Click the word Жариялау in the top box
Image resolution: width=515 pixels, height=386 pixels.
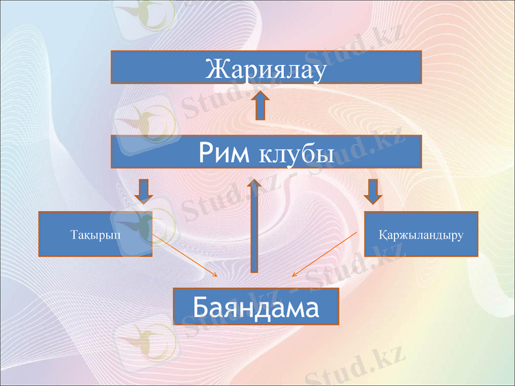[x=266, y=68]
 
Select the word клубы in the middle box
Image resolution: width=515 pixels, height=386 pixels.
[x=296, y=153]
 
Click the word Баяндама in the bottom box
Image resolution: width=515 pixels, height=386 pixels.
[x=256, y=307]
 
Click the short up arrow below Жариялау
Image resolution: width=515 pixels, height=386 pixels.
[x=261, y=106]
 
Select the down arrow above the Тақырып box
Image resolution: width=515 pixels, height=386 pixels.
[x=144, y=190]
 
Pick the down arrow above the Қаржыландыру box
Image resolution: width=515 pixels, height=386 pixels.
[x=372, y=190]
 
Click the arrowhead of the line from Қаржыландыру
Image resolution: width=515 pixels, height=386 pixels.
[x=294, y=275]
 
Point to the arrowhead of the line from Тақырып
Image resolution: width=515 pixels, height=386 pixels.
[x=216, y=277]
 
